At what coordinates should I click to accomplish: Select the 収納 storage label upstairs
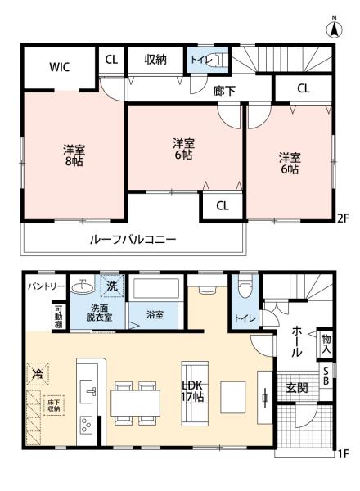(156, 59)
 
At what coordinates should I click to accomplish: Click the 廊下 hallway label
(224, 91)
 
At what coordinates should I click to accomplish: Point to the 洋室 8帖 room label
(74, 155)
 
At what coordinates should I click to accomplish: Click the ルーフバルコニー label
(133, 240)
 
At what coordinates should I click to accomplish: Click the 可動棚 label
(58, 316)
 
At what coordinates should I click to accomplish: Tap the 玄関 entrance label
(297, 388)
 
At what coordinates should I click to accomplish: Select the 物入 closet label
(326, 341)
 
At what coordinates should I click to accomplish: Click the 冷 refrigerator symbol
(38, 374)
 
